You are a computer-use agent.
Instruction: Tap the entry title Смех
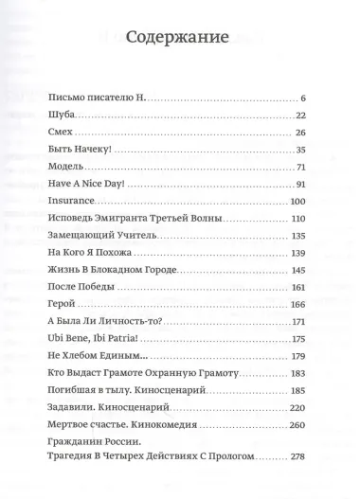(58, 132)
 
